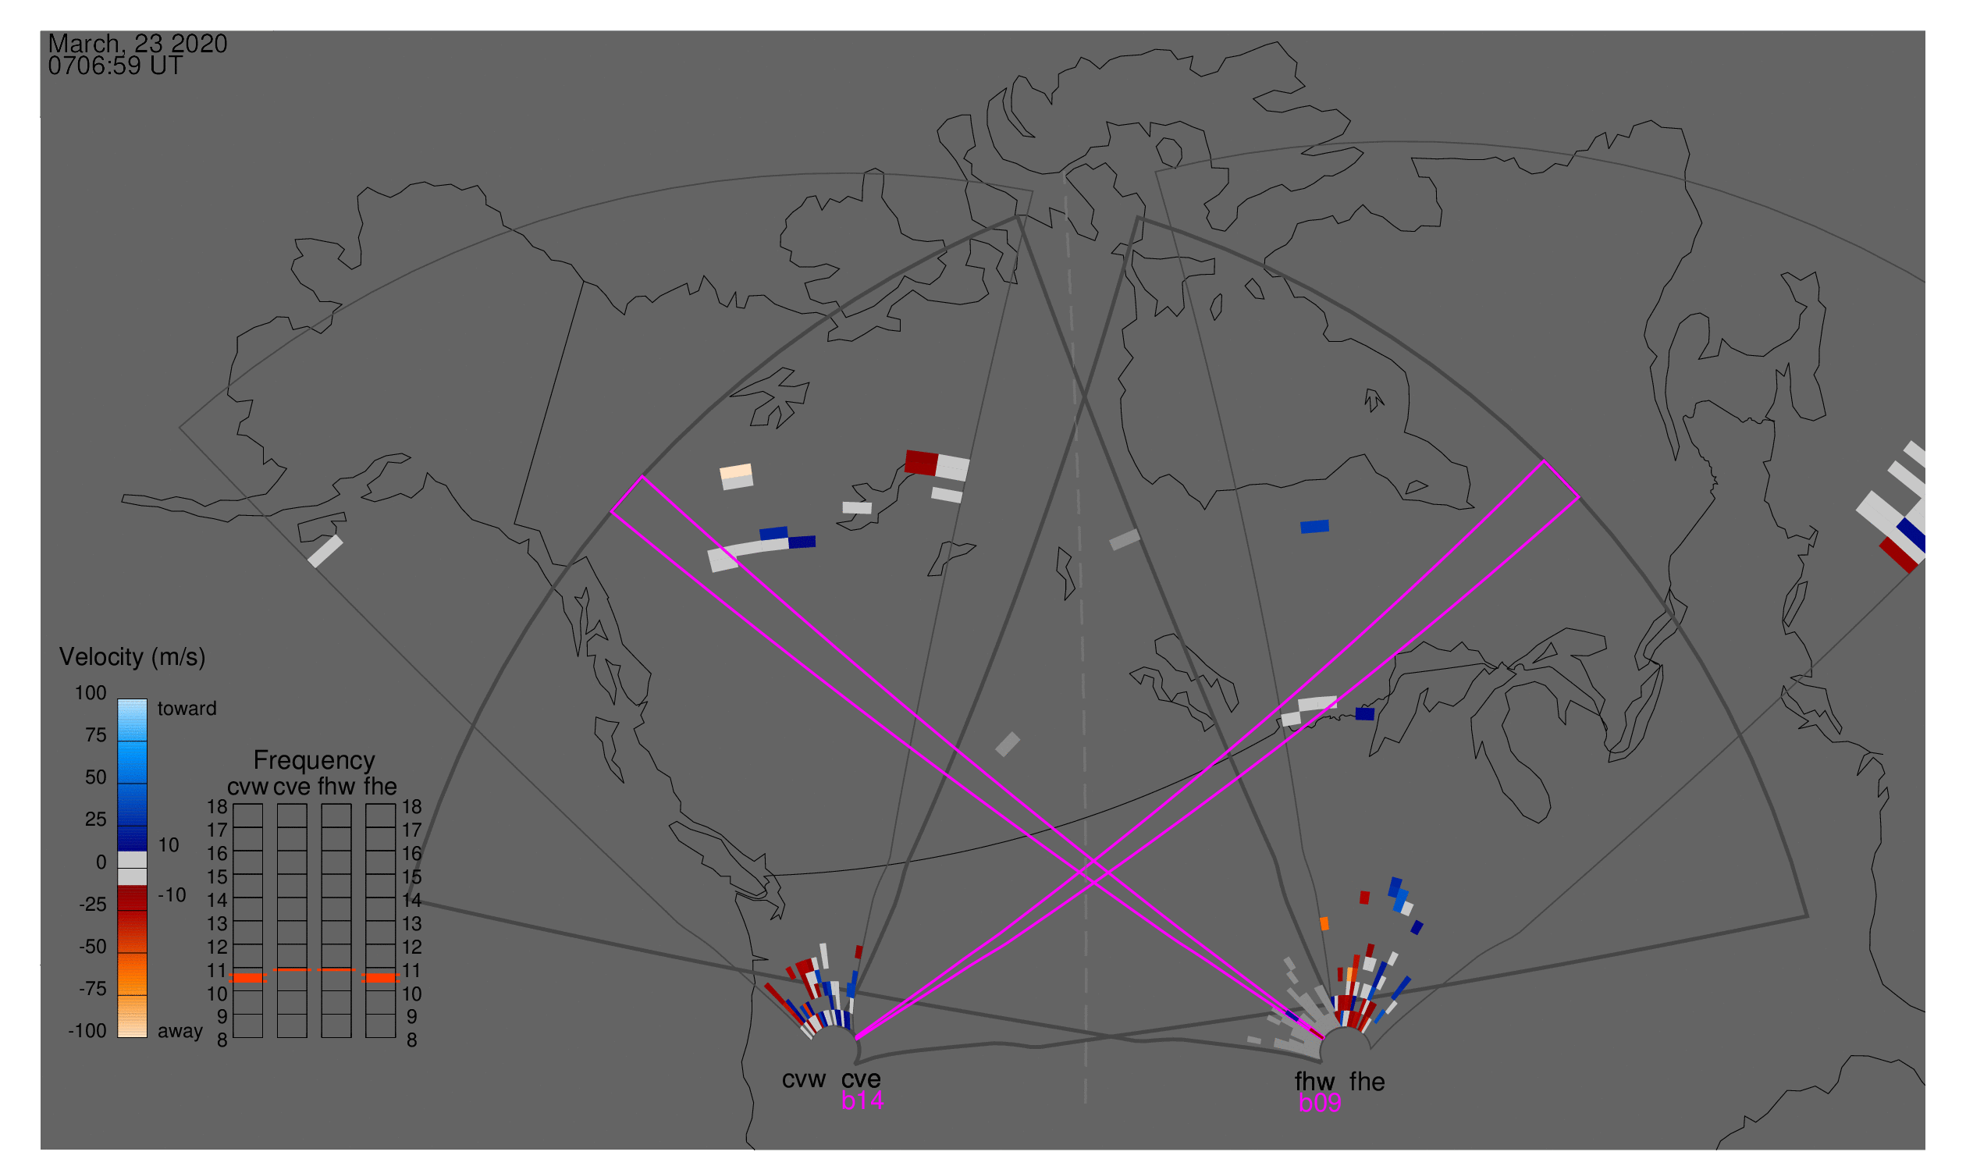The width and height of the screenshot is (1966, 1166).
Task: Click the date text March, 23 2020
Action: (137, 44)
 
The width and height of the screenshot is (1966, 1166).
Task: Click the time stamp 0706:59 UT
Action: (116, 66)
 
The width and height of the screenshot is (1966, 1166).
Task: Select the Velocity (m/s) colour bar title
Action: (133, 658)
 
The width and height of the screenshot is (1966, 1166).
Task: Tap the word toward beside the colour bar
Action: (187, 709)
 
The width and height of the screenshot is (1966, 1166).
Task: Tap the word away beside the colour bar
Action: (180, 1032)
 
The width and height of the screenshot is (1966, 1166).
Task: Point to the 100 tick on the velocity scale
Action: (91, 693)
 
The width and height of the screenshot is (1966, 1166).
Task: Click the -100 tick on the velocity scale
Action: (87, 1031)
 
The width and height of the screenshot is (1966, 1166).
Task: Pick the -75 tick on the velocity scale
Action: (93, 988)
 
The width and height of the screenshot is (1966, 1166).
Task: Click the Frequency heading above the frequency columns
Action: (315, 761)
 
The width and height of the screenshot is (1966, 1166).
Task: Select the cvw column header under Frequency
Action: (248, 787)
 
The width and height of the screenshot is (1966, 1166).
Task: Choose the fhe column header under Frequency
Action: (380, 787)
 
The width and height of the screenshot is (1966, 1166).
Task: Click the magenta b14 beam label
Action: (862, 1100)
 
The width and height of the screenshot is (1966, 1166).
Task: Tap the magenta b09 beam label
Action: (1320, 1103)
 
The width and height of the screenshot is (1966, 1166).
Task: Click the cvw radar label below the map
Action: (804, 1079)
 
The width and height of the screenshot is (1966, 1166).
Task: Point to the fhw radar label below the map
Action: (1315, 1082)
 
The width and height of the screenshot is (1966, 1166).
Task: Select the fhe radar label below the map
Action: (1367, 1082)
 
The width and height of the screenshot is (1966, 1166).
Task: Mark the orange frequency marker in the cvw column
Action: (248, 978)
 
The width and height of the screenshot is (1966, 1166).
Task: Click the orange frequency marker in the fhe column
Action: (380, 978)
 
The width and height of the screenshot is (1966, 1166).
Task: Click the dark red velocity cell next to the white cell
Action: (921, 463)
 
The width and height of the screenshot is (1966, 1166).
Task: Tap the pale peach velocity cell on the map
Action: (736, 471)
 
